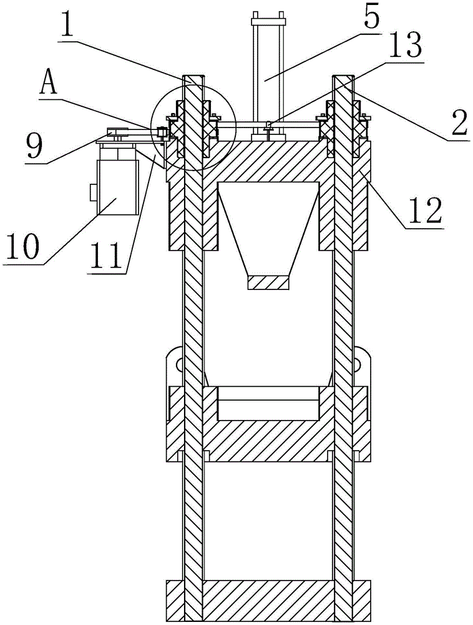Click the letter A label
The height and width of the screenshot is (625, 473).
(49, 83)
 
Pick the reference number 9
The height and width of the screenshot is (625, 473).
(34, 145)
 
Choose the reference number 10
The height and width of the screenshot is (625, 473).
(22, 245)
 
